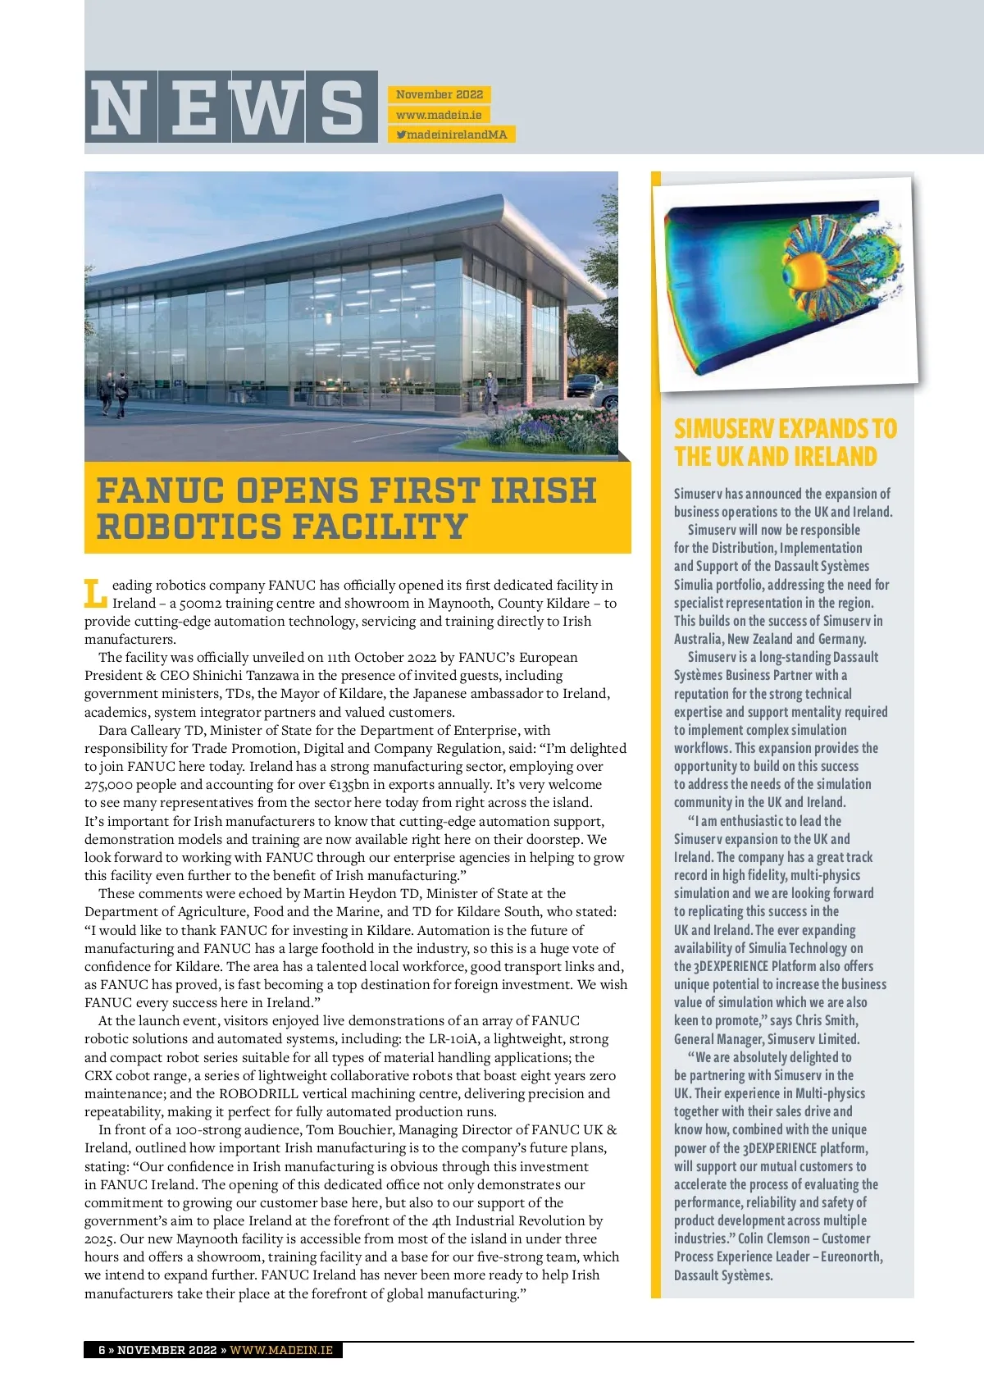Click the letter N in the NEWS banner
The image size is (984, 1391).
coord(120,107)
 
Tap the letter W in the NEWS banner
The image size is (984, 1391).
coord(268,107)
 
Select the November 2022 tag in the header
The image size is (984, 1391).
coord(440,94)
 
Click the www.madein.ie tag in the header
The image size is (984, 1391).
coord(439,115)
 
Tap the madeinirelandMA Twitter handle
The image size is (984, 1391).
coord(452,134)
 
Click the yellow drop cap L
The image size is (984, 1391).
coord(95,594)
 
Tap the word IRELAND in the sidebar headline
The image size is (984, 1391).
coord(834,457)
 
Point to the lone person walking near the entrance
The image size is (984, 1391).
coord(490,392)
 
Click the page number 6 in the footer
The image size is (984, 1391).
coord(102,1350)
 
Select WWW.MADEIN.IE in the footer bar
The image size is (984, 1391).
coord(281,1350)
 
